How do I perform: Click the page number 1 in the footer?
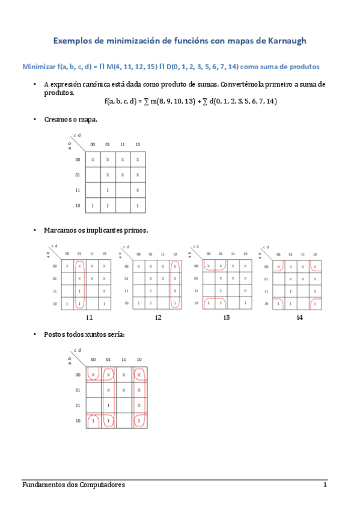pyautogui.click(x=325, y=485)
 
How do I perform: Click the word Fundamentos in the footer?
pyautogui.click(x=43, y=485)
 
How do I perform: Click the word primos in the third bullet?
pyautogui.click(x=136, y=230)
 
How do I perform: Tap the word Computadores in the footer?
pyautogui.click(x=102, y=485)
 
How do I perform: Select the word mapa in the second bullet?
pyautogui.click(x=88, y=119)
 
